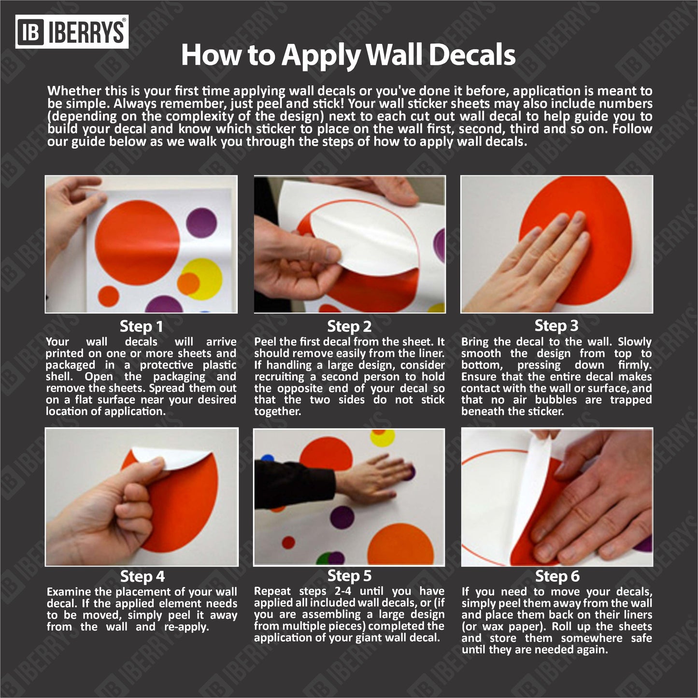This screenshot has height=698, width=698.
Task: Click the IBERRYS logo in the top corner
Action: (x=71, y=32)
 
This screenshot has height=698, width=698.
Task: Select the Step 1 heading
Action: (x=141, y=327)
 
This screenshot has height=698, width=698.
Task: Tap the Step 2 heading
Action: (x=349, y=327)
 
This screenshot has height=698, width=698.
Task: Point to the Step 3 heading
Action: (x=556, y=326)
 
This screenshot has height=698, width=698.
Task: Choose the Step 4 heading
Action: (x=142, y=576)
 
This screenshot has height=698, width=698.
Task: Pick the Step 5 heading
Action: (x=350, y=576)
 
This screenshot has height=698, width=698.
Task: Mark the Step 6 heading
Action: (x=557, y=576)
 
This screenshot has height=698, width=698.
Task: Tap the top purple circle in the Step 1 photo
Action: (x=201, y=224)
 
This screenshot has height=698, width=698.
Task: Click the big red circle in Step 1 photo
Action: (x=137, y=242)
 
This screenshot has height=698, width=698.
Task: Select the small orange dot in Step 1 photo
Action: (x=109, y=296)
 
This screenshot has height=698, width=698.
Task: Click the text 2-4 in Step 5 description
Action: (x=345, y=591)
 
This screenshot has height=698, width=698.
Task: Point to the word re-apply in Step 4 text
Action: (x=186, y=627)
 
